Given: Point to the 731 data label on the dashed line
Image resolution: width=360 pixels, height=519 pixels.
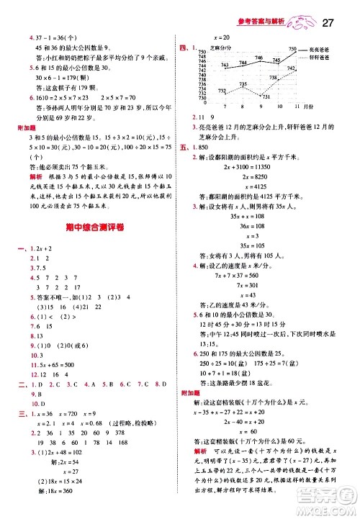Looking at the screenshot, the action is pyautogui.click(x=264, y=97).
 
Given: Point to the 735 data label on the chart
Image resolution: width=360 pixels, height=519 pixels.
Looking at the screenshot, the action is pyautogui.click(x=243, y=84).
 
